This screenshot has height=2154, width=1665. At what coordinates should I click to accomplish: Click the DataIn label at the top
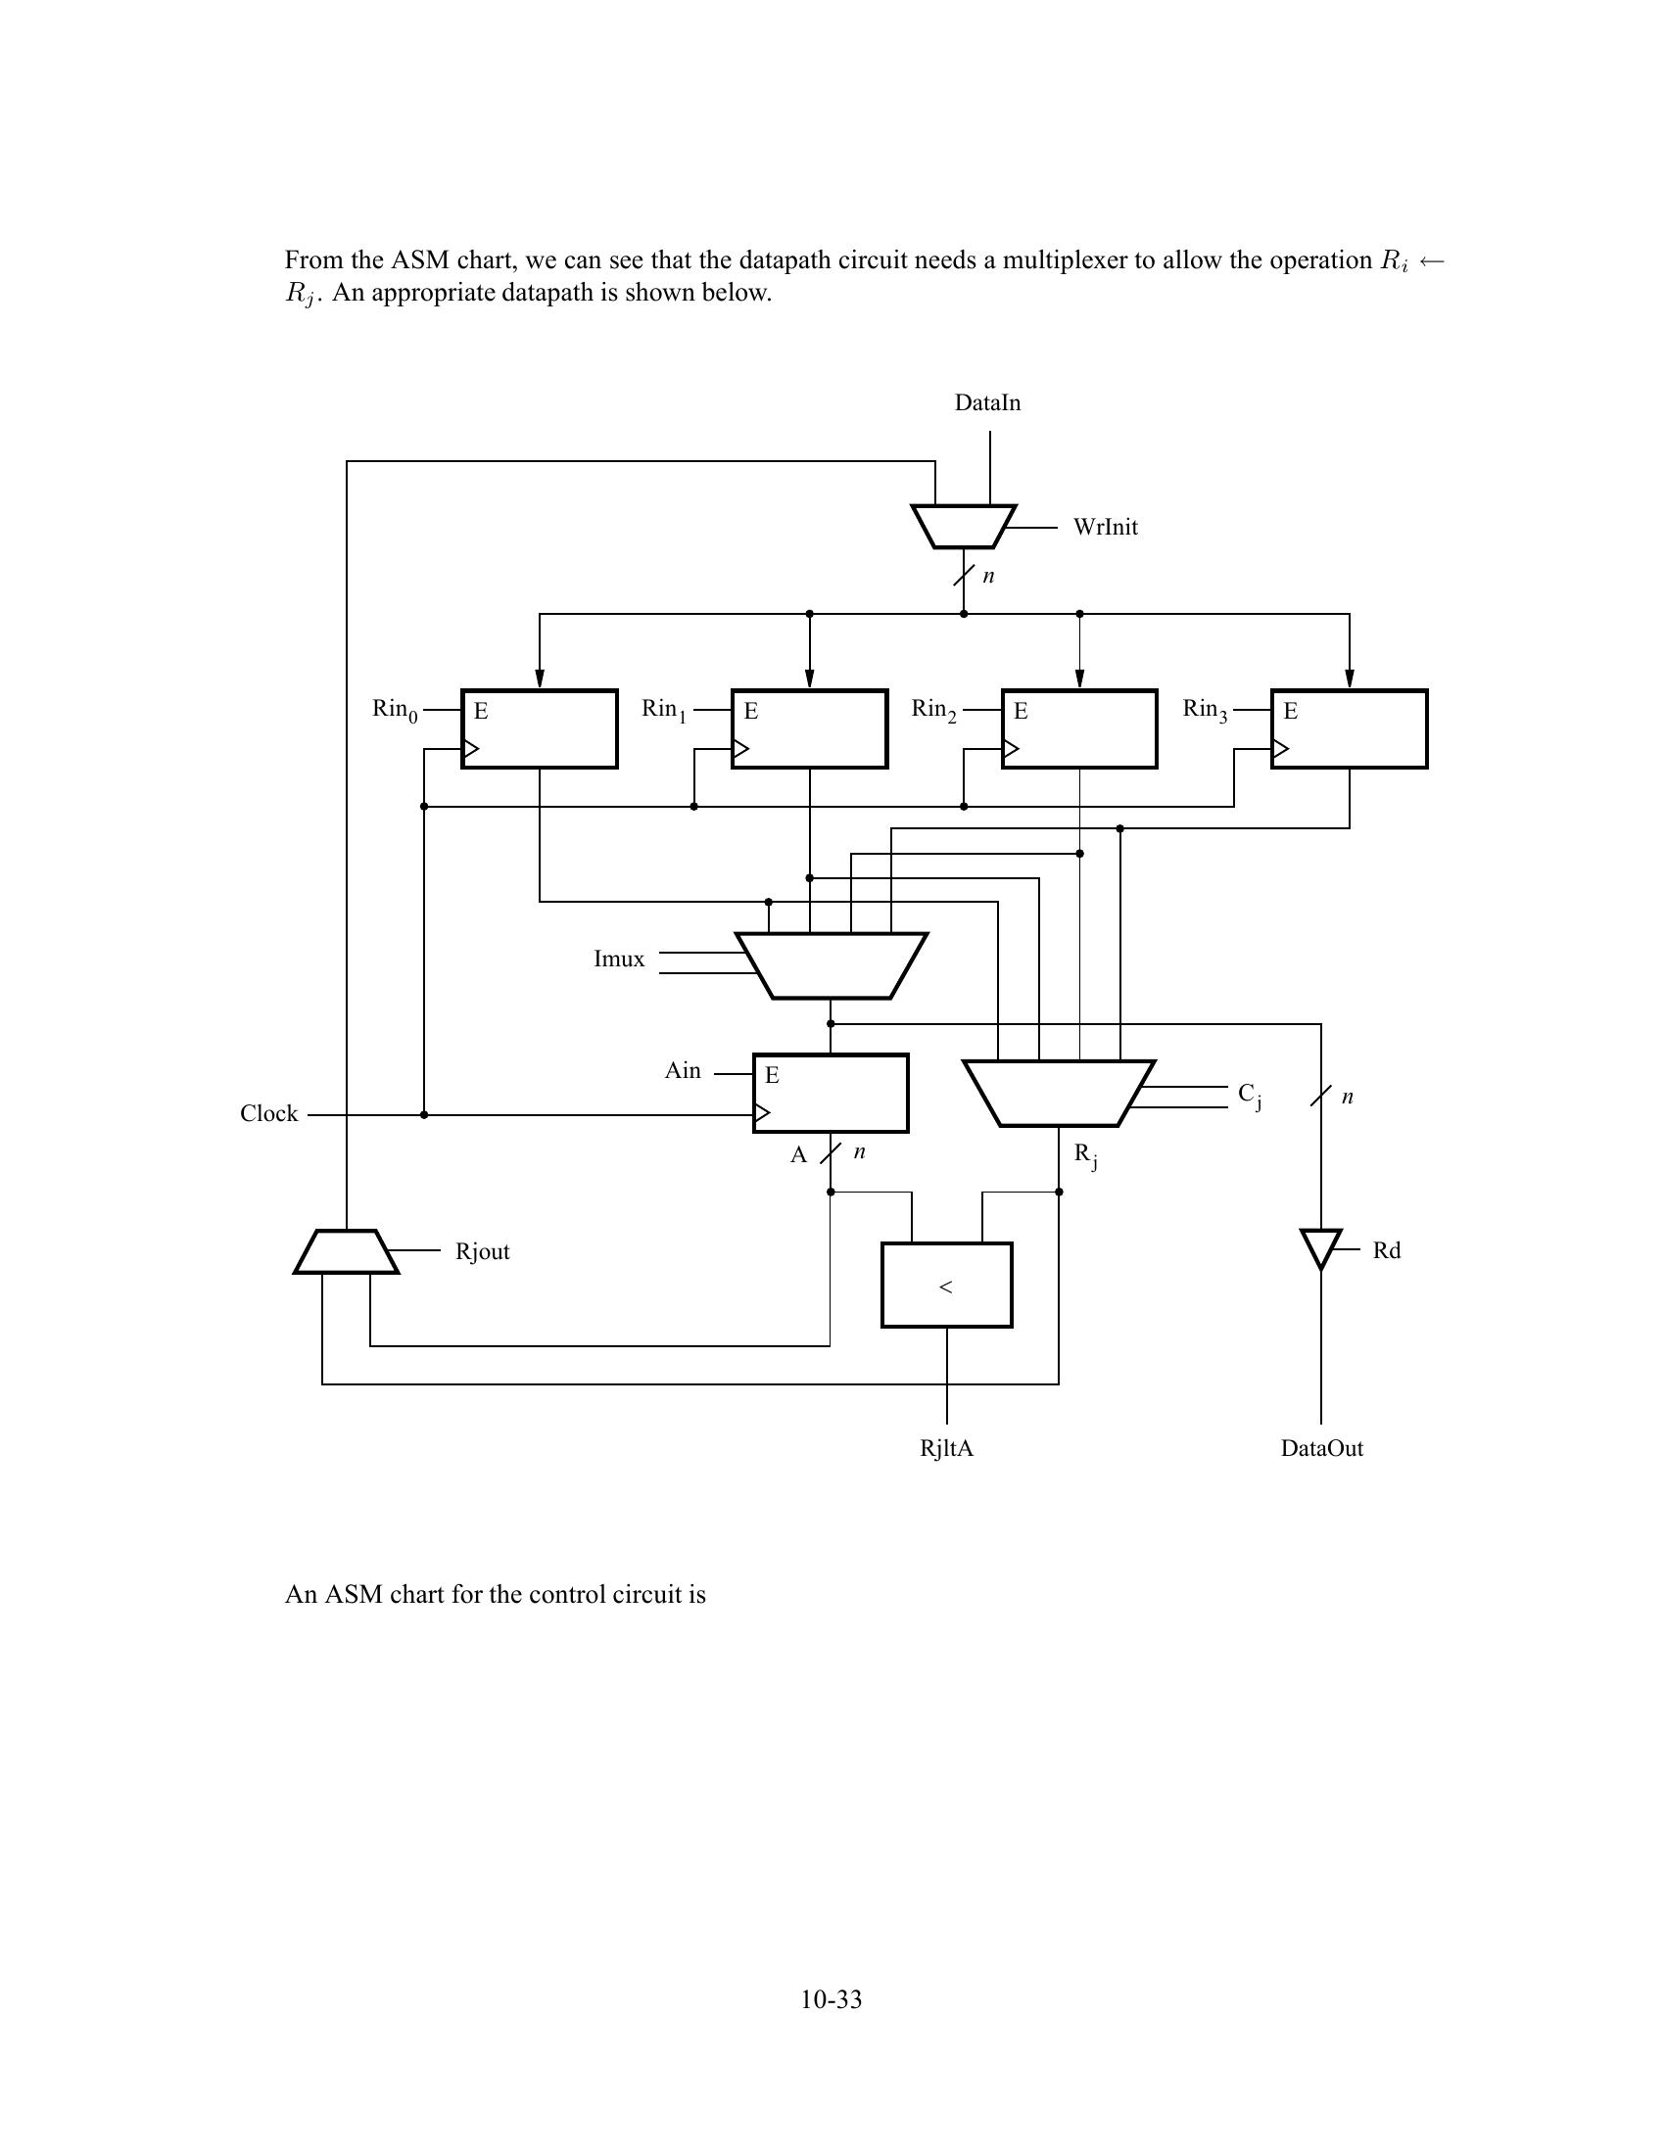pyautogui.click(x=987, y=402)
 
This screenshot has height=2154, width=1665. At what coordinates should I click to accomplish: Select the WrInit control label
pyautogui.click(x=1105, y=528)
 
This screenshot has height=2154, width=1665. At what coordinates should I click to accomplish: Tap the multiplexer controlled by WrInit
pyautogui.click(x=964, y=527)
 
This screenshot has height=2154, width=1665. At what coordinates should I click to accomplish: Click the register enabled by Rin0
pyautogui.click(x=540, y=728)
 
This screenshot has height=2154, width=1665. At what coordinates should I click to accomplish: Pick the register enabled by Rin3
pyautogui.click(x=1349, y=728)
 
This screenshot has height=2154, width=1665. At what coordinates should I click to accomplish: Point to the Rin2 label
pyautogui.click(x=933, y=709)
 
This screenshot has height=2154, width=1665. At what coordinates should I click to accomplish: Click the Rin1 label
pyautogui.click(x=664, y=709)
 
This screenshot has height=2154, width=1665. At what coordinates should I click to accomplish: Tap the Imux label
pyautogui.click(x=618, y=960)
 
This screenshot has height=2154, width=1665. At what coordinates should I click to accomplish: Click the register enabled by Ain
pyautogui.click(x=831, y=1094)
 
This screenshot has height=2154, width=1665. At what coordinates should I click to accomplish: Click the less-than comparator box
pyautogui.click(x=946, y=1286)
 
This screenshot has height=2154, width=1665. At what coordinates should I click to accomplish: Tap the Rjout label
pyautogui.click(x=482, y=1251)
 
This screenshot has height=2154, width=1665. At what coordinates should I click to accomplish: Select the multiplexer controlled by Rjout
pyautogui.click(x=346, y=1251)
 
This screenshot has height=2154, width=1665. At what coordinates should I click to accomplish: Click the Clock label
pyautogui.click(x=268, y=1113)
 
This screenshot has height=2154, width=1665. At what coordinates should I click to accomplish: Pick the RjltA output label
pyautogui.click(x=946, y=1448)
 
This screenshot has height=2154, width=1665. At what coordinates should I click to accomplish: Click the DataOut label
pyautogui.click(x=1322, y=1448)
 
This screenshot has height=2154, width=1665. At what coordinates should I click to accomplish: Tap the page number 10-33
pyautogui.click(x=832, y=1999)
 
